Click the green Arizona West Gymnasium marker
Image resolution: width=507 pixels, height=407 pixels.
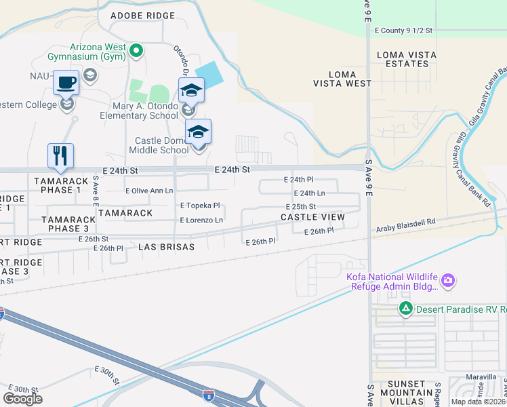[136, 50]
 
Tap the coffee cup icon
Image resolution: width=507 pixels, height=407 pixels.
[65, 83]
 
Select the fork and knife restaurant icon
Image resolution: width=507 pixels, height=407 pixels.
[60, 155]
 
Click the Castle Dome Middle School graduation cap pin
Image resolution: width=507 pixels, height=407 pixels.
[199, 131]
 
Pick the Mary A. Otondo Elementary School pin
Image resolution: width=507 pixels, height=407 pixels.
[192, 90]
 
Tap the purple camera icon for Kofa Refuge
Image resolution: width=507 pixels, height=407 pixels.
[447, 280]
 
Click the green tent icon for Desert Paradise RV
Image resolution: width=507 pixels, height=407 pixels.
[405, 309]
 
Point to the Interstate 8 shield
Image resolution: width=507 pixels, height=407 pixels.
[209, 394]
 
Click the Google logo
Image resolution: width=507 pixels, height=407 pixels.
[22, 399]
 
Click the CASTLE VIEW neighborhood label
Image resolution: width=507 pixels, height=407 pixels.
[312, 217]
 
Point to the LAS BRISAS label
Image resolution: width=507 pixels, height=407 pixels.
[166, 248]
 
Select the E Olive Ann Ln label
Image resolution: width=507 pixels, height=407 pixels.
[149, 191]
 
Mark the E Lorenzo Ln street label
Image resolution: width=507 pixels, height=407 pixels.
[201, 220]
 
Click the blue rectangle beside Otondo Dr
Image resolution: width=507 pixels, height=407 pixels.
[208, 74]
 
